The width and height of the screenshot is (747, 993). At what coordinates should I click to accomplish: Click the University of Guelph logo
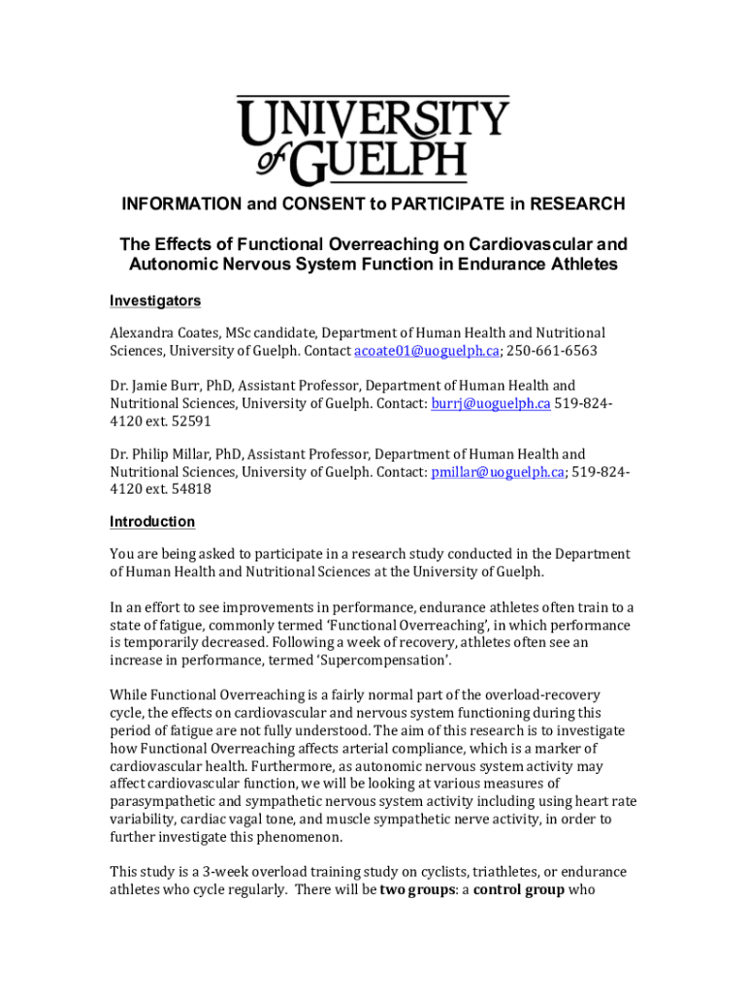[373, 139]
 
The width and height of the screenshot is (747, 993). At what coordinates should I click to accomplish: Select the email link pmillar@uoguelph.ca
[497, 472]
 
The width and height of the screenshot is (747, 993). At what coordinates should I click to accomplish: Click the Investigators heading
[155, 302]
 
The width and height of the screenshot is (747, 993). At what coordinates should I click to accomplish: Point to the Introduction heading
[152, 522]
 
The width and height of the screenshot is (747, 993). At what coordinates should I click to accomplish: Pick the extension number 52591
[190, 421]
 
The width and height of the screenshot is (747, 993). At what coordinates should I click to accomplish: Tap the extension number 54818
[190, 490]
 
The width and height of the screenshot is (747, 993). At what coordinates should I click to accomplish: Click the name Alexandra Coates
[156, 333]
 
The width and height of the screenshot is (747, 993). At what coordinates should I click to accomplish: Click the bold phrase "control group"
[519, 889]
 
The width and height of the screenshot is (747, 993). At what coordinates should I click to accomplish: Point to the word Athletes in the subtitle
[581, 265]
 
